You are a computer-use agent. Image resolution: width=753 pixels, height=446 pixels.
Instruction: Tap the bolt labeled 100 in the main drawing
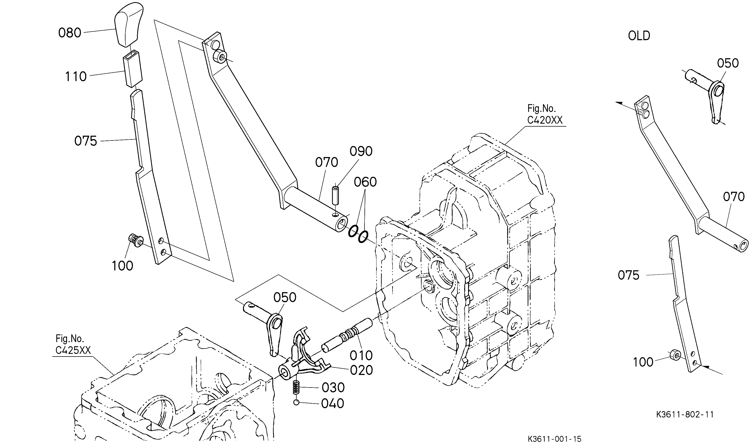(136, 240)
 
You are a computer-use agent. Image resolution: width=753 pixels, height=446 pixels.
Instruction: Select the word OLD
(639, 36)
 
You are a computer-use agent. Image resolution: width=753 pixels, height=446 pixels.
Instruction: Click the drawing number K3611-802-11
(685, 414)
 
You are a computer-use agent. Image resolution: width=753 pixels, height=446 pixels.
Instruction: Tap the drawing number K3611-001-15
(554, 439)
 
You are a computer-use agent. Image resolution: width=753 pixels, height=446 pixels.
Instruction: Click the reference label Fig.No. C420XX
(544, 114)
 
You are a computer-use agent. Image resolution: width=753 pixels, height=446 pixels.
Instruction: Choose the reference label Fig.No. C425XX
(73, 345)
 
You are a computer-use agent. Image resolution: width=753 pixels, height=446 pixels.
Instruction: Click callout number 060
(365, 182)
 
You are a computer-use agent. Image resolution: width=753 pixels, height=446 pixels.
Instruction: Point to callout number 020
(362, 370)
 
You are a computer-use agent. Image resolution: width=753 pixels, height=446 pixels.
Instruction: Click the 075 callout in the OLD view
(629, 275)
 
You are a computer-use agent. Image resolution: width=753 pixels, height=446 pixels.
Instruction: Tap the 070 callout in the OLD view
(734, 197)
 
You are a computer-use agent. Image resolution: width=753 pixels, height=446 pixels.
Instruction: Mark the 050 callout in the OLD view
(728, 63)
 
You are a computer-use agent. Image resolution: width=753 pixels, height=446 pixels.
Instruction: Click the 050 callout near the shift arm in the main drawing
(285, 298)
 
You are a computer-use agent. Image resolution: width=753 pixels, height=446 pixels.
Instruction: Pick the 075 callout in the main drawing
(86, 141)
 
